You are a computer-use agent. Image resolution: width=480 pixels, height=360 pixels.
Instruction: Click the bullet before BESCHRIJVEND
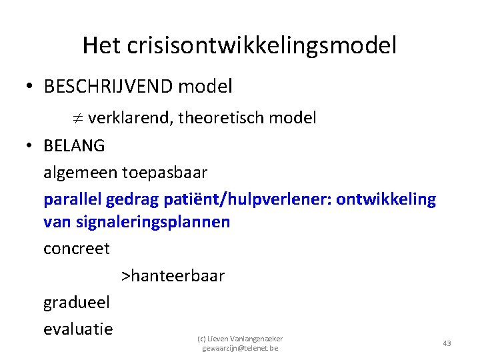click(x=31, y=87)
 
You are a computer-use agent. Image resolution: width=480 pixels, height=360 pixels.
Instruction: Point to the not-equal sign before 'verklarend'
click(x=77, y=119)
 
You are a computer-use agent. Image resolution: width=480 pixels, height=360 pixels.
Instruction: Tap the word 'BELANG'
click(x=73, y=145)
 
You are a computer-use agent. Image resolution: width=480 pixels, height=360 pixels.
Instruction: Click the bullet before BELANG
click(x=31, y=145)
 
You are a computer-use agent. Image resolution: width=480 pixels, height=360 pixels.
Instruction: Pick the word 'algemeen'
click(x=80, y=172)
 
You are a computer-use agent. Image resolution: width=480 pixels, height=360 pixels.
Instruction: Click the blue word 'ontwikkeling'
click(x=386, y=199)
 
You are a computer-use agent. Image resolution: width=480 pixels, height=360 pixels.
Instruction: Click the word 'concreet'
click(x=76, y=249)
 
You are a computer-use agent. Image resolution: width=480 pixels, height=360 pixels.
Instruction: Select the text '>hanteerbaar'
click(x=173, y=275)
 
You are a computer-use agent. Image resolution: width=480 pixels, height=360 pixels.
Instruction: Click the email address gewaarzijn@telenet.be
click(x=240, y=348)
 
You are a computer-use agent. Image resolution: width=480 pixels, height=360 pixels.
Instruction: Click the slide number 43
click(x=447, y=343)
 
